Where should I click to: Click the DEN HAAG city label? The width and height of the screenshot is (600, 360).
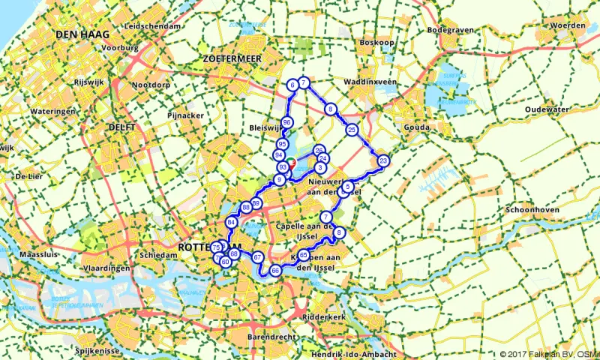coord(77,34)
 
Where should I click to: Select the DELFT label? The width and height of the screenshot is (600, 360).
coord(121,127)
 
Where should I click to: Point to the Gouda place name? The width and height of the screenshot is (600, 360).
coord(417,127)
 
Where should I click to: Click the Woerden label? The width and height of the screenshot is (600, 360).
coord(567,25)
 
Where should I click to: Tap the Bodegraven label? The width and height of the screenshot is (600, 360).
coord(447,31)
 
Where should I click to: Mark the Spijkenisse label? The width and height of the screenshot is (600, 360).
coord(98,349)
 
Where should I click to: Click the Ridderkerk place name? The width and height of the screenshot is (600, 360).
coord(324,317)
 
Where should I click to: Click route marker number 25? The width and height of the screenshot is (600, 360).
coord(352,130)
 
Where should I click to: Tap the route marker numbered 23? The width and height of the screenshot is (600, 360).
coord(382,160)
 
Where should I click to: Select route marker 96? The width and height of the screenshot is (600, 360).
coord(286,122)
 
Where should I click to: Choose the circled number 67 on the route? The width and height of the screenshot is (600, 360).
coord(258,257)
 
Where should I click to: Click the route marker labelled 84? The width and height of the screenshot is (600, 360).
coord(231,222)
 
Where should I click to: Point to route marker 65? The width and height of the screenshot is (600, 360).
coord(304,256)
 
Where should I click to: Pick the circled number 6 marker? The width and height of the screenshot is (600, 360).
coord(292,85)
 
